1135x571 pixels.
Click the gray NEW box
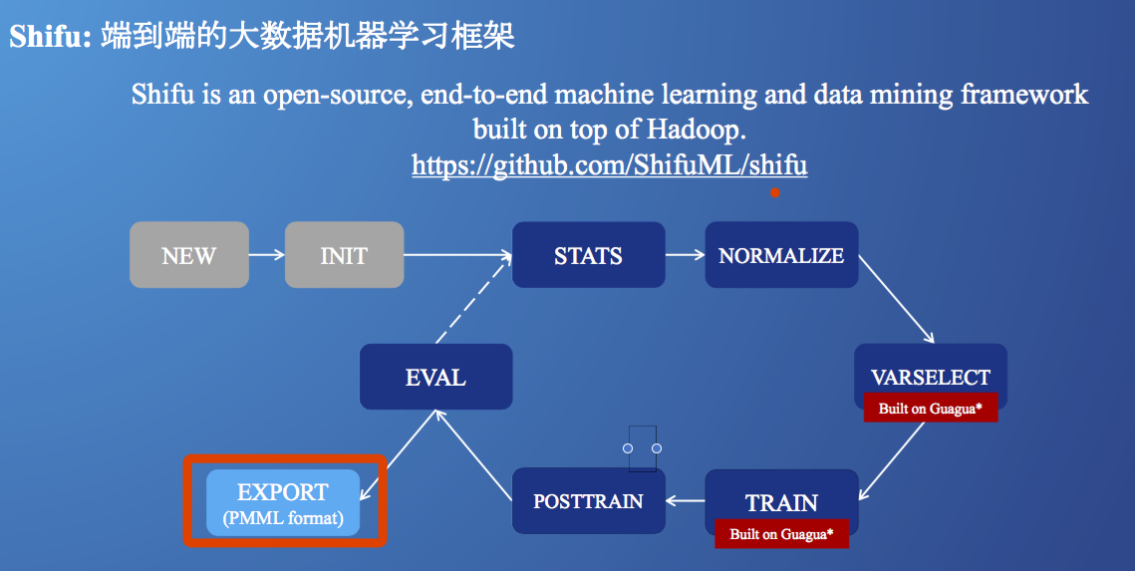click(x=188, y=255)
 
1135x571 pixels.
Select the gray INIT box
click(x=344, y=255)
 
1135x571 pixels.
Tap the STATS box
click(x=588, y=255)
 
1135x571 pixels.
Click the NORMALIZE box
click(x=781, y=255)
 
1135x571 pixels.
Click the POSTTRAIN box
click(x=588, y=500)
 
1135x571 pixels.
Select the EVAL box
click(x=435, y=377)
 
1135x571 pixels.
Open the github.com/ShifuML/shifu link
click(x=609, y=164)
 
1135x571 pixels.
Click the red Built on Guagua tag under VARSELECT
click(x=931, y=409)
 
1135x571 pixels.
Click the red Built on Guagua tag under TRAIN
click(x=780, y=534)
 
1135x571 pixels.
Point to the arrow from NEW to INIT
click(x=266, y=255)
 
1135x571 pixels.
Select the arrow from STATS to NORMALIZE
click(x=685, y=255)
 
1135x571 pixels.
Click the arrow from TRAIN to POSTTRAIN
click(x=686, y=500)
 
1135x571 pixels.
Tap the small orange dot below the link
click(x=774, y=192)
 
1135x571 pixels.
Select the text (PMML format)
click(x=283, y=518)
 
